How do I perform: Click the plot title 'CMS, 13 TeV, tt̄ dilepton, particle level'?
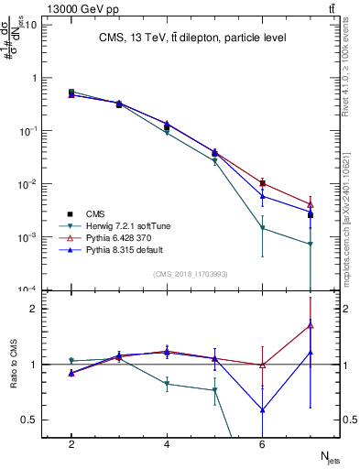click(x=193, y=38)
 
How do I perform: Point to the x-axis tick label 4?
click(x=167, y=444)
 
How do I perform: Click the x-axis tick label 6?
click(x=262, y=444)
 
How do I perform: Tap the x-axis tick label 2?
click(x=71, y=444)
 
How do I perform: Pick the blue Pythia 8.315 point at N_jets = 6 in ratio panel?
click(x=263, y=409)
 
